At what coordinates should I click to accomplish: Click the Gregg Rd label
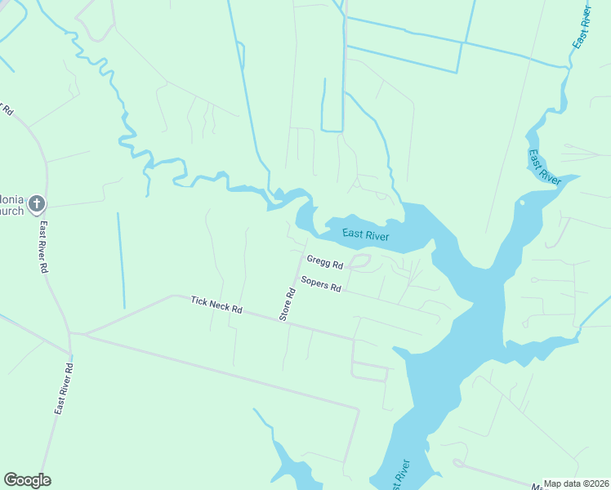tap(324, 261)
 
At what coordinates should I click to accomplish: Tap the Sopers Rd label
tap(320, 284)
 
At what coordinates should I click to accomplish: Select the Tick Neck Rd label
tap(217, 305)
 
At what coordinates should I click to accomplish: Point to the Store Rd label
tap(287, 303)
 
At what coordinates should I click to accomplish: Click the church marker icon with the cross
tap(36, 203)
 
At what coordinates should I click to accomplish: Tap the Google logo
tap(27, 480)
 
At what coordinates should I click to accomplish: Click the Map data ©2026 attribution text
tap(577, 483)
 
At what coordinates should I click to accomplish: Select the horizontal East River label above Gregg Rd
tap(365, 235)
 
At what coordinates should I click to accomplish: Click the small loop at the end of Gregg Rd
tap(359, 261)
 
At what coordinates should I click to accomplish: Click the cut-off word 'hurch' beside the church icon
tap(11, 211)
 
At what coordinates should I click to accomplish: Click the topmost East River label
tap(582, 29)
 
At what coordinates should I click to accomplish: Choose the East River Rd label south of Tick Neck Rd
tap(65, 390)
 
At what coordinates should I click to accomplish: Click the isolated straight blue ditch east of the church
tap(120, 261)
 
